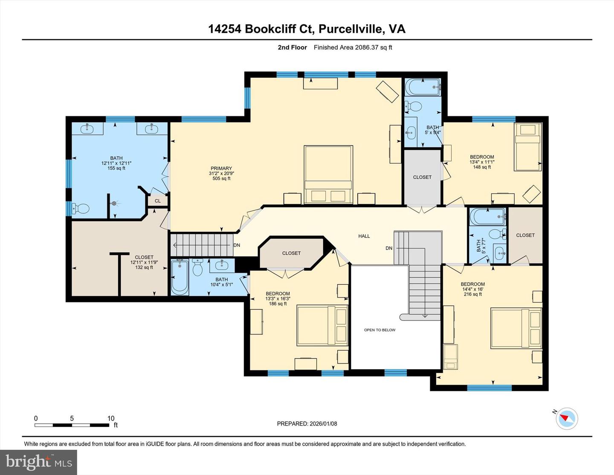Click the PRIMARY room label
pos(221,168)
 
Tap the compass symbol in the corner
pos(567,418)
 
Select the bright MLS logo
pos(39,462)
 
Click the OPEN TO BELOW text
pos(379,330)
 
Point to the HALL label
pos(364,236)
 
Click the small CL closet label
pos(157,201)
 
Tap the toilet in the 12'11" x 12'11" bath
pos(80,209)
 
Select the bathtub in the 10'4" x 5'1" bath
pos(180,277)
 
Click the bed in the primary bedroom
pos(328,175)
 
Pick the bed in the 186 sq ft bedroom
pos(322,325)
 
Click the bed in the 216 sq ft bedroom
pos(516,328)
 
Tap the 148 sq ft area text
pos(482,167)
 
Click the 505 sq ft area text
pos(221,178)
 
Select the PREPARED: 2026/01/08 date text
pos(307,424)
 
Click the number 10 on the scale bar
pos(111,418)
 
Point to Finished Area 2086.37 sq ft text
pos(353,47)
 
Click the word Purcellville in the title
pos(351,29)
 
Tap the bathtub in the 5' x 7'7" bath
pos(487,217)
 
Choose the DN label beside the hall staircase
pos(388,248)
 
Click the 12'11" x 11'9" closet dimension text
pos(144,262)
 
